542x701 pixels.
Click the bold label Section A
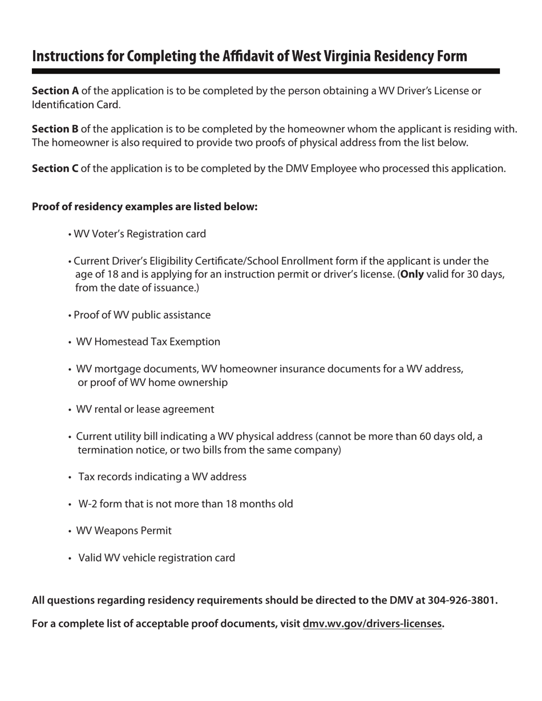coord(55,91)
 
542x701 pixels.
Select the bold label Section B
coord(55,129)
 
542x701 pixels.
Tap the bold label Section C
coord(55,168)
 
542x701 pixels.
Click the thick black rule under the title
coord(265,71)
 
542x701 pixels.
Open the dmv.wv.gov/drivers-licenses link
coord(372,623)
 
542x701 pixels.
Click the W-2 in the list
coord(87,504)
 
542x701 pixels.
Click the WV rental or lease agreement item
coord(145,409)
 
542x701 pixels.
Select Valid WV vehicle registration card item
coord(156,557)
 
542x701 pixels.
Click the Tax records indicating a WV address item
coord(162,476)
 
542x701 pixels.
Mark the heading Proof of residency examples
coord(145,206)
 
